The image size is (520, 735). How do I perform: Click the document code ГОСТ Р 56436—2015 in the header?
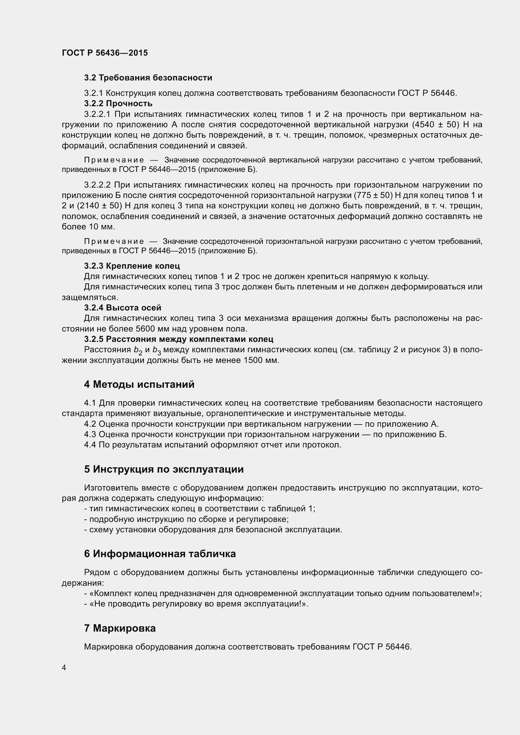105,53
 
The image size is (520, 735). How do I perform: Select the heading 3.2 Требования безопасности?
148,78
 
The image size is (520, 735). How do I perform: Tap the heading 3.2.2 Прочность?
118,103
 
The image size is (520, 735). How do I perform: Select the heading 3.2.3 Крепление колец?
132,266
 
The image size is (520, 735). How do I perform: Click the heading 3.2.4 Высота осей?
123,308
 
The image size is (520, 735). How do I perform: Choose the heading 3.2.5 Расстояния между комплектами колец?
179,339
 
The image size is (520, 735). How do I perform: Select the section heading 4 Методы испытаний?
139,384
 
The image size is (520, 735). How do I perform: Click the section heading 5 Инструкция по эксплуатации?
164,469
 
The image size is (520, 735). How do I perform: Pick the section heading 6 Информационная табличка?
160,554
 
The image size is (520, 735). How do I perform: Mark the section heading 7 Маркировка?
120,628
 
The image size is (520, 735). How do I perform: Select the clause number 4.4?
90,445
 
